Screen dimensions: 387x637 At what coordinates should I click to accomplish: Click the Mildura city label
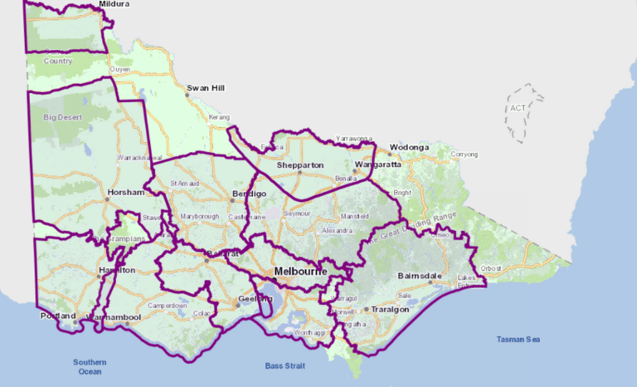point(114,4)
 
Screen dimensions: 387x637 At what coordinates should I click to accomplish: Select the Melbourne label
point(300,272)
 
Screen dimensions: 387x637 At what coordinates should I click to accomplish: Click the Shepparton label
point(300,165)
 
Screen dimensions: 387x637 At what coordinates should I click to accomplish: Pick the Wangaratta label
point(377,164)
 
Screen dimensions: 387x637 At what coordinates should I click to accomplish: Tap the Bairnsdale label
point(440,276)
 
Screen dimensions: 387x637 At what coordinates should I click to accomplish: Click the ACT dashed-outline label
point(518,108)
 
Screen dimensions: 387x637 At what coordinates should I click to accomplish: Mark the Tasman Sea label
point(519,339)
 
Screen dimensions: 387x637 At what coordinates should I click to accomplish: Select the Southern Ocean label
point(90,367)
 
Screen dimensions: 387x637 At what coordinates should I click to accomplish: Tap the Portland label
point(58,316)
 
